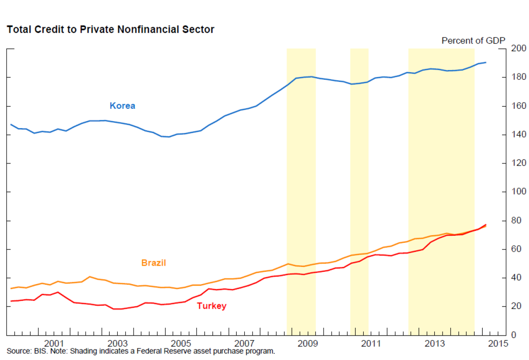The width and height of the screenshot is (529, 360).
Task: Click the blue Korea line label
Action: coord(122,106)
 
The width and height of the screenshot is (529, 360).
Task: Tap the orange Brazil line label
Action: coord(153,263)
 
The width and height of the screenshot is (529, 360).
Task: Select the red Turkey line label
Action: coord(212,306)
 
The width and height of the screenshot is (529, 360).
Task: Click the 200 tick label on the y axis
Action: coord(519,48)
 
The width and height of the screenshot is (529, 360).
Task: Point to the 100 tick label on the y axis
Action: coord(519,192)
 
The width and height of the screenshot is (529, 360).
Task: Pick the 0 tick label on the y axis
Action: coord(514,335)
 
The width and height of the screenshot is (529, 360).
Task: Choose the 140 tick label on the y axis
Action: coord(519,134)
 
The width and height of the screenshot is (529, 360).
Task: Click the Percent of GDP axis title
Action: coord(473,41)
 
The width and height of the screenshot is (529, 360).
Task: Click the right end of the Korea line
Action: coord(486,63)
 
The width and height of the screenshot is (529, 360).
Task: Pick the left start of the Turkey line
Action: coord(11,301)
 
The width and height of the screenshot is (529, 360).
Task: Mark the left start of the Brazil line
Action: coord(11,288)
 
